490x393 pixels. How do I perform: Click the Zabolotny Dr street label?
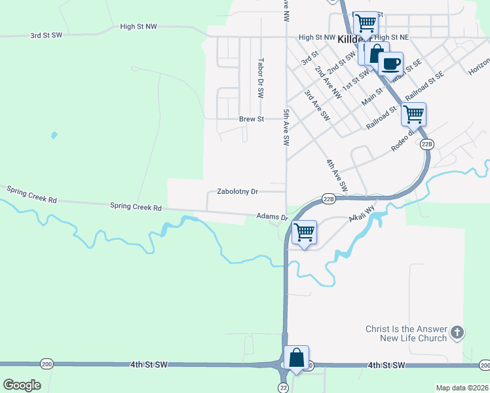[x=238, y=192]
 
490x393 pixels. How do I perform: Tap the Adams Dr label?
[x=272, y=216]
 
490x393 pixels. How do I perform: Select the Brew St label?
[x=250, y=119]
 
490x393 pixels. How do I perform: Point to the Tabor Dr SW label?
[x=260, y=78]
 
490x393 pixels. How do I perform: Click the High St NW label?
[x=139, y=26]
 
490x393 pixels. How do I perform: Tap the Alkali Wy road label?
[x=361, y=212]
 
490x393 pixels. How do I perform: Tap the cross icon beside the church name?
[x=457, y=333]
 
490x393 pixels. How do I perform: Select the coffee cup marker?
[x=390, y=64]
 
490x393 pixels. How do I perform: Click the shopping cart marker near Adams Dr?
[x=305, y=232]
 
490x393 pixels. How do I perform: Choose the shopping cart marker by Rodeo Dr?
[x=413, y=114]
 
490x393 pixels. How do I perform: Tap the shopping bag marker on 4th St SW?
[x=296, y=358]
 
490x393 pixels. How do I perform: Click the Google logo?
[x=22, y=384]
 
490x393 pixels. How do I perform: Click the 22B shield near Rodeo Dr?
[x=427, y=143]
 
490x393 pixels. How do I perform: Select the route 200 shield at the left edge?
[x=46, y=364]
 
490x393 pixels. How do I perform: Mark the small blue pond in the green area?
[x=54, y=136]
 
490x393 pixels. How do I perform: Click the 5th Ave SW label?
[x=286, y=127]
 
